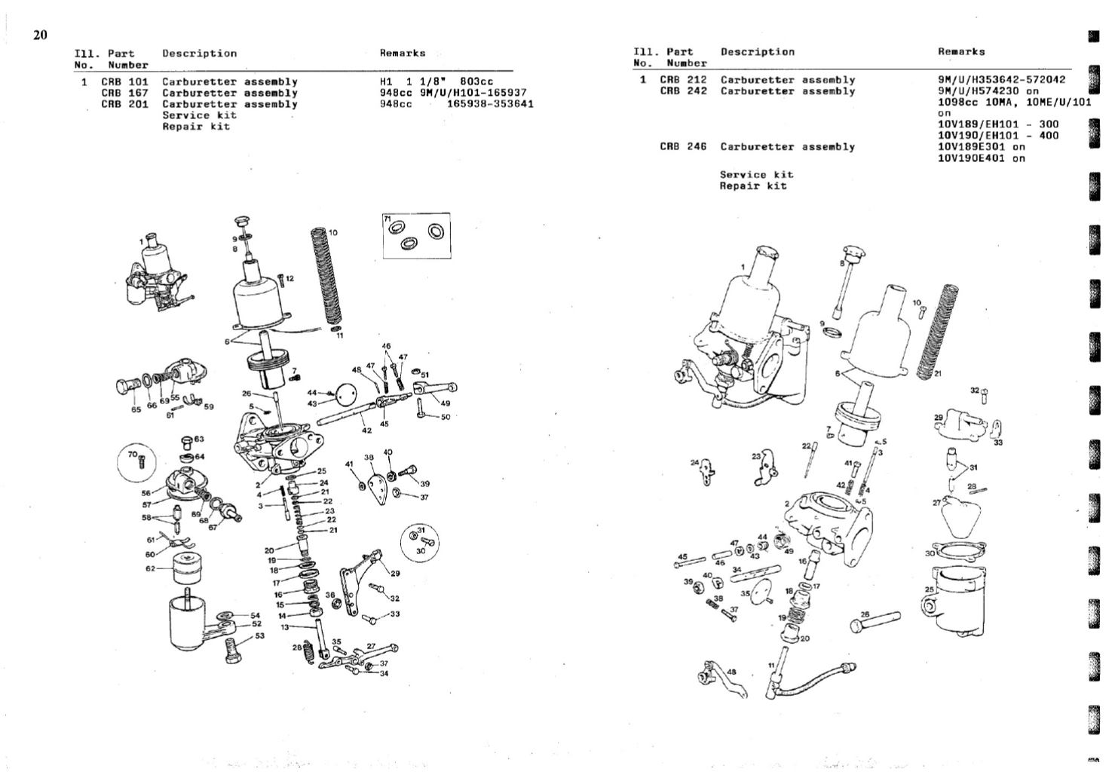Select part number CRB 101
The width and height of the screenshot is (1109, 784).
[124, 81]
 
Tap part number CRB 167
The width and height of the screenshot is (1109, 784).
[124, 93]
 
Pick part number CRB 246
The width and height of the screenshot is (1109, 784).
[682, 147]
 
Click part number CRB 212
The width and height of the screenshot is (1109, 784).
[682, 79]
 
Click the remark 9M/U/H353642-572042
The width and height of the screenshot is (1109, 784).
[1001, 79]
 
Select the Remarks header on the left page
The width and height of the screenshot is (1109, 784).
[402, 54]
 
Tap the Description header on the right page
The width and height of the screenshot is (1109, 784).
[757, 52]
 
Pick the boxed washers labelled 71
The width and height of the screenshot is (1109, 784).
[415, 234]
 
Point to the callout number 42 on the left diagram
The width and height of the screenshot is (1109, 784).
[366, 430]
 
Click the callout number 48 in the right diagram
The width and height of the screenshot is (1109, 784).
[730, 672]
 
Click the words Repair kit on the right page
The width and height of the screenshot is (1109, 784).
[752, 185]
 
